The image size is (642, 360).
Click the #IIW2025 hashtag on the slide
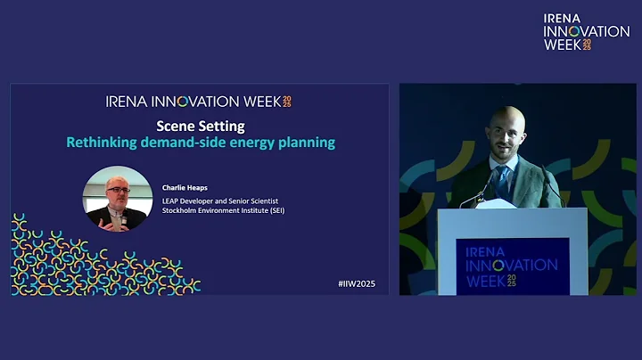pos(358,283)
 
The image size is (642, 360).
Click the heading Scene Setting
pos(200,126)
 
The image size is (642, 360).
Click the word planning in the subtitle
pos(307,143)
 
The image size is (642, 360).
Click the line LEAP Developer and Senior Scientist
pos(220,200)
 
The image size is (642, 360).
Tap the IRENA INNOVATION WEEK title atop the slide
pos(198,101)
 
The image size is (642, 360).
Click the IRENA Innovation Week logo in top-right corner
pos(586,31)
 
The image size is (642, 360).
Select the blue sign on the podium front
pos(512,266)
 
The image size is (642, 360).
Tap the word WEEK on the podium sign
pos(487,281)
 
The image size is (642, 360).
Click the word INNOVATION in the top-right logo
pos(586,31)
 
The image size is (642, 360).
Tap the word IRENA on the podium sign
pos(485,250)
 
